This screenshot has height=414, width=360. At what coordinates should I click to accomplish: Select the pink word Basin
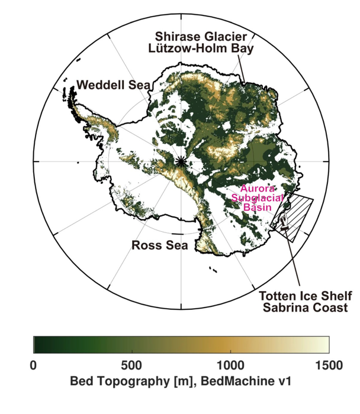259,208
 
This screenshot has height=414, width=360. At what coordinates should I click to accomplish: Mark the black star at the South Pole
181,161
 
